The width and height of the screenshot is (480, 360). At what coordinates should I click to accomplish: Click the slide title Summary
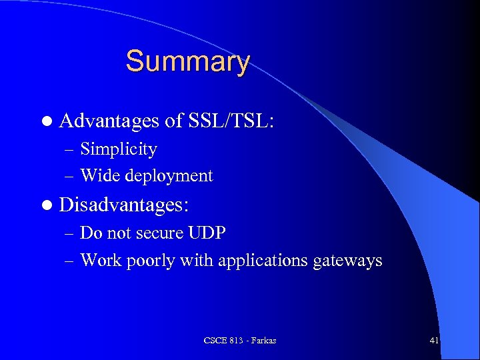click(187, 62)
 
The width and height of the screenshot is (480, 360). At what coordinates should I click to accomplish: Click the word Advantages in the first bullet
click(109, 121)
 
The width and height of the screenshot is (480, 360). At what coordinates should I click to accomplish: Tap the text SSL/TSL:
click(231, 121)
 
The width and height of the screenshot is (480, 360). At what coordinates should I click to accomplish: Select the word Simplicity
click(119, 149)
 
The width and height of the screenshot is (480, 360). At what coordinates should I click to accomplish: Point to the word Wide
click(97, 176)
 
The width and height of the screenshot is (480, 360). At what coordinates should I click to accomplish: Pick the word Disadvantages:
click(124, 205)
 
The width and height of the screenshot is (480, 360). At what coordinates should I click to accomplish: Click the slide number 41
click(434, 341)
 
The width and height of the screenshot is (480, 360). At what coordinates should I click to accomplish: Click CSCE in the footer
click(215, 341)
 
